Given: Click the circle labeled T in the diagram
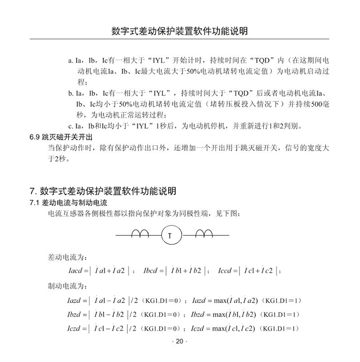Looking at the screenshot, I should (x=169, y=235).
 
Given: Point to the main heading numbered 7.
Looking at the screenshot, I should (x=103, y=191).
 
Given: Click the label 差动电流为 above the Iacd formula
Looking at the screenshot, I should (x=65, y=257).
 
